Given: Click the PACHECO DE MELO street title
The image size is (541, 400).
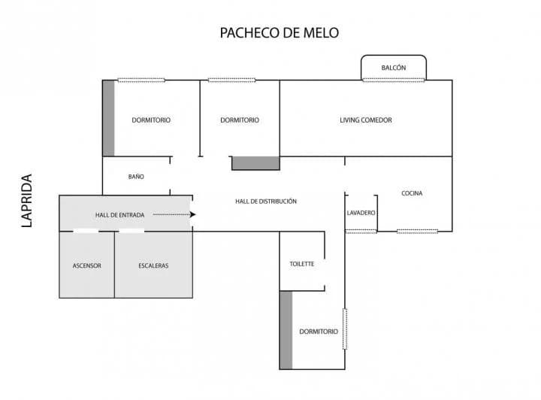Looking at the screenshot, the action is coord(279,33).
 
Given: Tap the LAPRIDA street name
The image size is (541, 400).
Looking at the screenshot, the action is coord(26,201).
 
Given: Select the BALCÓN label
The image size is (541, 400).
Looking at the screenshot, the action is coord(393,68).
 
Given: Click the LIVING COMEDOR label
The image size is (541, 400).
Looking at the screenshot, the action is coord(366,120).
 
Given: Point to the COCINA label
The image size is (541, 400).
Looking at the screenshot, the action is coord(412,193).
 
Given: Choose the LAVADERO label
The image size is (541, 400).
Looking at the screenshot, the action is coord(361,213).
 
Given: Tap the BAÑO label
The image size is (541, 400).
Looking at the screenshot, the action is coord(136,177).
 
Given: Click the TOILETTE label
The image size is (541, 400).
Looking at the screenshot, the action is coord(302,264).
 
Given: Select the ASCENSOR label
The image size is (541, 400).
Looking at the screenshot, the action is coord(87,265).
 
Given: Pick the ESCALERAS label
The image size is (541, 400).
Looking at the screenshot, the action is coord(153,265).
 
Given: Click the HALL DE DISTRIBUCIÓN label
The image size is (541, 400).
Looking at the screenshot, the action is coord(266,202).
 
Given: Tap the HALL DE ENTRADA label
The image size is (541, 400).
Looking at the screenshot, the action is coord(119,215).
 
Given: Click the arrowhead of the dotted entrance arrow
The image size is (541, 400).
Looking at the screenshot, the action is coord(192,215).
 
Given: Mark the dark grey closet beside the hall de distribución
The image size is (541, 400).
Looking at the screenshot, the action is coord(255,163).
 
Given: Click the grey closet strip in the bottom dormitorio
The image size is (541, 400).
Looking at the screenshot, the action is coord(286,330).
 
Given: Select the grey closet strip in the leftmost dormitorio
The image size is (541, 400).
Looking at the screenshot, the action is coord(109,118).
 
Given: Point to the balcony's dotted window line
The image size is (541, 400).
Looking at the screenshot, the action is coord(393,80).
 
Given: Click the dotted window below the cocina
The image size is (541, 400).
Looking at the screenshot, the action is coord(417,232).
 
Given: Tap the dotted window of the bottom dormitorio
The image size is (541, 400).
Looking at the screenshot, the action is coord(345,329).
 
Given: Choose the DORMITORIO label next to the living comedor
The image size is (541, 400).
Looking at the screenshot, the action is coord(240,120).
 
